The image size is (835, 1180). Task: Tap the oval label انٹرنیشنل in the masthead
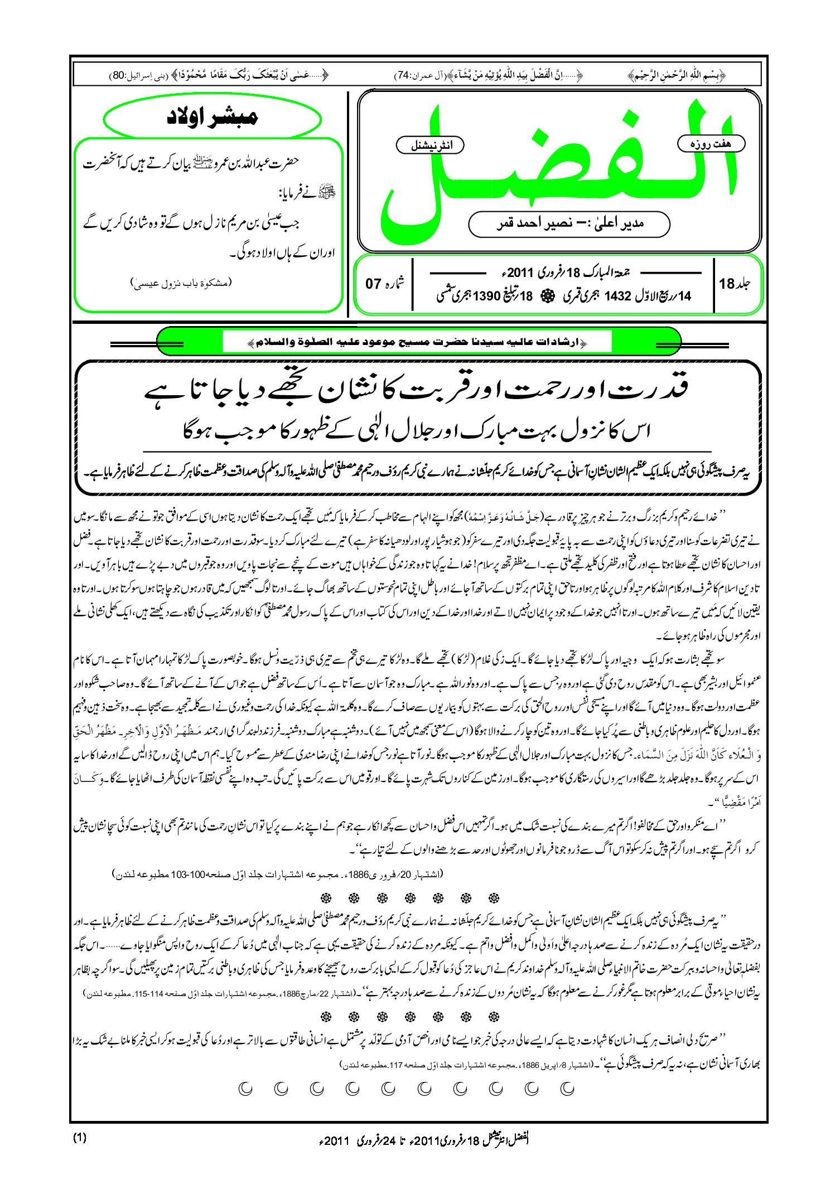point(429,145)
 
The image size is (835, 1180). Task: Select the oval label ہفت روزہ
point(711,144)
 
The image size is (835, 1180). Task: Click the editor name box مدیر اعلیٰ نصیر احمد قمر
point(569,224)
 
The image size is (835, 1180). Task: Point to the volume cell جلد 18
point(735,284)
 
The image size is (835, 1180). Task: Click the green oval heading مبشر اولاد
point(213,119)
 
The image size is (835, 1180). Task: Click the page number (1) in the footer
point(80,1138)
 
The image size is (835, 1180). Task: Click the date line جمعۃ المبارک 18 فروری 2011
point(569,273)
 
